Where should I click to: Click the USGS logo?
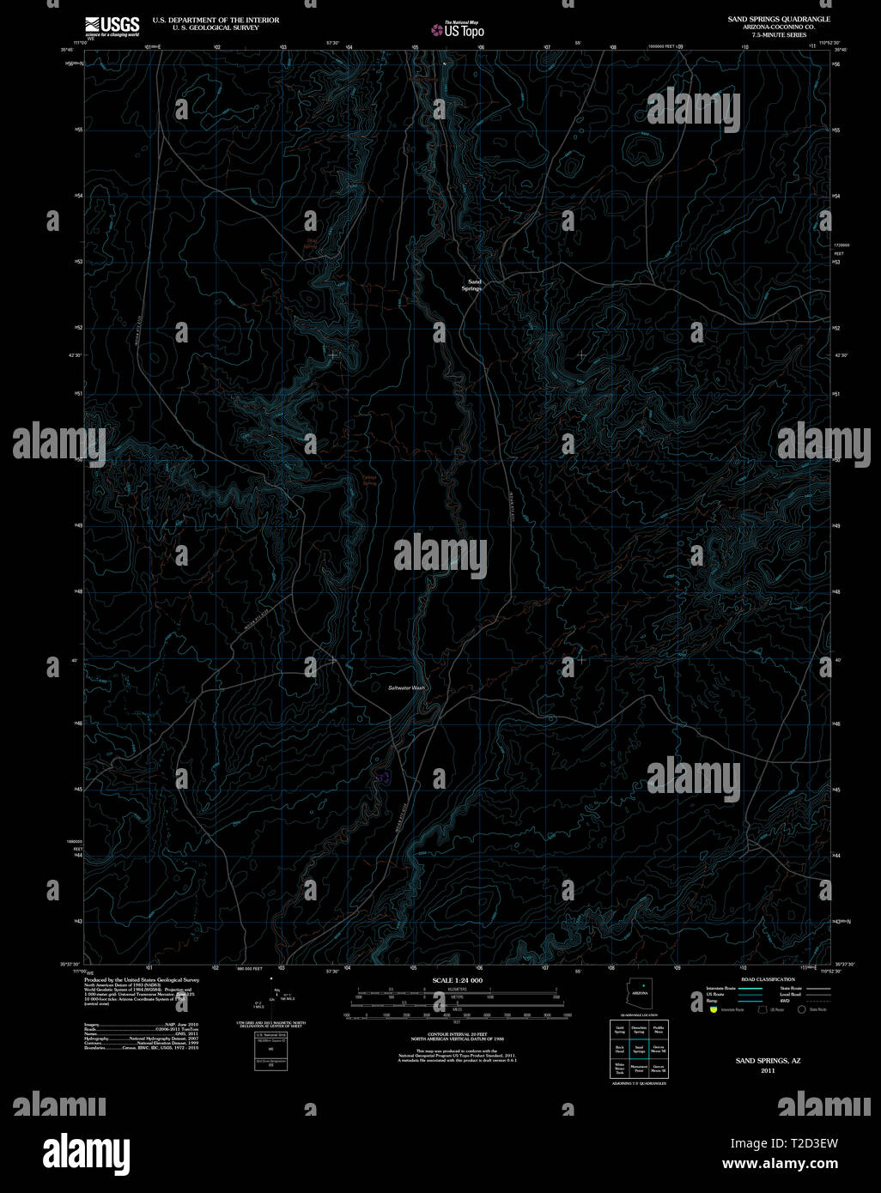[x=112, y=26]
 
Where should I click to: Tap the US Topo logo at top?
[x=458, y=30]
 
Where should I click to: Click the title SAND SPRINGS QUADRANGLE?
[x=779, y=19]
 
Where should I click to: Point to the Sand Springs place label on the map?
[x=473, y=285]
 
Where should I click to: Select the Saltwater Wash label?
[x=405, y=688]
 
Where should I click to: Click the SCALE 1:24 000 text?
[x=457, y=980]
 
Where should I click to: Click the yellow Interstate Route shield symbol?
[x=714, y=1010]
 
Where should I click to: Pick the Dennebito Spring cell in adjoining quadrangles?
[x=639, y=1029]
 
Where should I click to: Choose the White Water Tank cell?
[x=619, y=1069]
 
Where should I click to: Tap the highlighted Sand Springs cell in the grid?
[x=639, y=1049]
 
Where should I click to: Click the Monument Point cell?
[x=639, y=1069]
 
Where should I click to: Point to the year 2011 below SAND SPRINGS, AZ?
[x=767, y=1070]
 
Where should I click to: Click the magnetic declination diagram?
[x=271, y=996]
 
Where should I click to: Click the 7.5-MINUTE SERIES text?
[x=779, y=34]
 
